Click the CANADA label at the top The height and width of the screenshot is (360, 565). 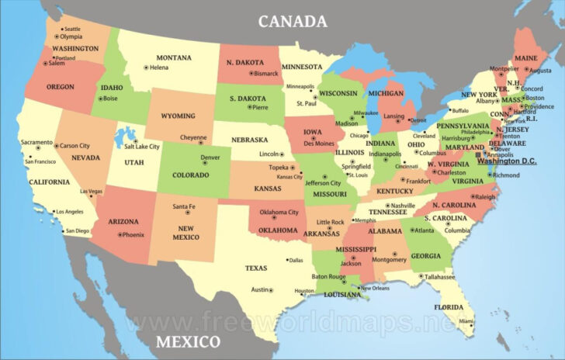[292, 21]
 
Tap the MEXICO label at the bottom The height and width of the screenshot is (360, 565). [187, 342]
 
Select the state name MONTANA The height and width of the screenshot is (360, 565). [174, 57]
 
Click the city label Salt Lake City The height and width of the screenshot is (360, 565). [142, 146]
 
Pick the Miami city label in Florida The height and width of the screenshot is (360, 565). [466, 320]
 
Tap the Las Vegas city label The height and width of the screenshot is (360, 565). [91, 192]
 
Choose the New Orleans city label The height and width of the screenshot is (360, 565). [375, 288]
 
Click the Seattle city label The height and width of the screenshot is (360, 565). [72, 29]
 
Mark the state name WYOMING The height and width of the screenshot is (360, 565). [178, 116]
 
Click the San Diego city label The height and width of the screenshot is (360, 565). [78, 230]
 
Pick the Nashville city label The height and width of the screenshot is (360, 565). [403, 206]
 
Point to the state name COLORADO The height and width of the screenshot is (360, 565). [190, 175]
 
